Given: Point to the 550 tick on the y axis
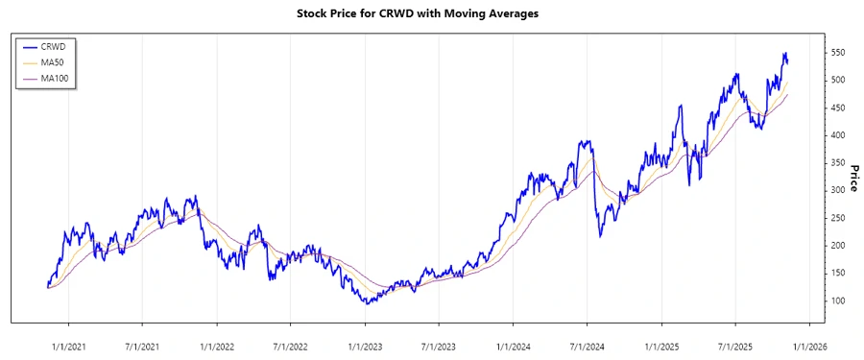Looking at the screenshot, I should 838,52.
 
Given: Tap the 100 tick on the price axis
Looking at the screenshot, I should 838,301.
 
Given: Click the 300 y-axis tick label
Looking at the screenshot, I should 838,190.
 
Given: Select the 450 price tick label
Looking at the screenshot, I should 838,108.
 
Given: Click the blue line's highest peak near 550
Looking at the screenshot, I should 784,53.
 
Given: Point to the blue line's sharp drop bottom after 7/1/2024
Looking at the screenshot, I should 601,236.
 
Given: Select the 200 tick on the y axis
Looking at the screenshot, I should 838,246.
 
